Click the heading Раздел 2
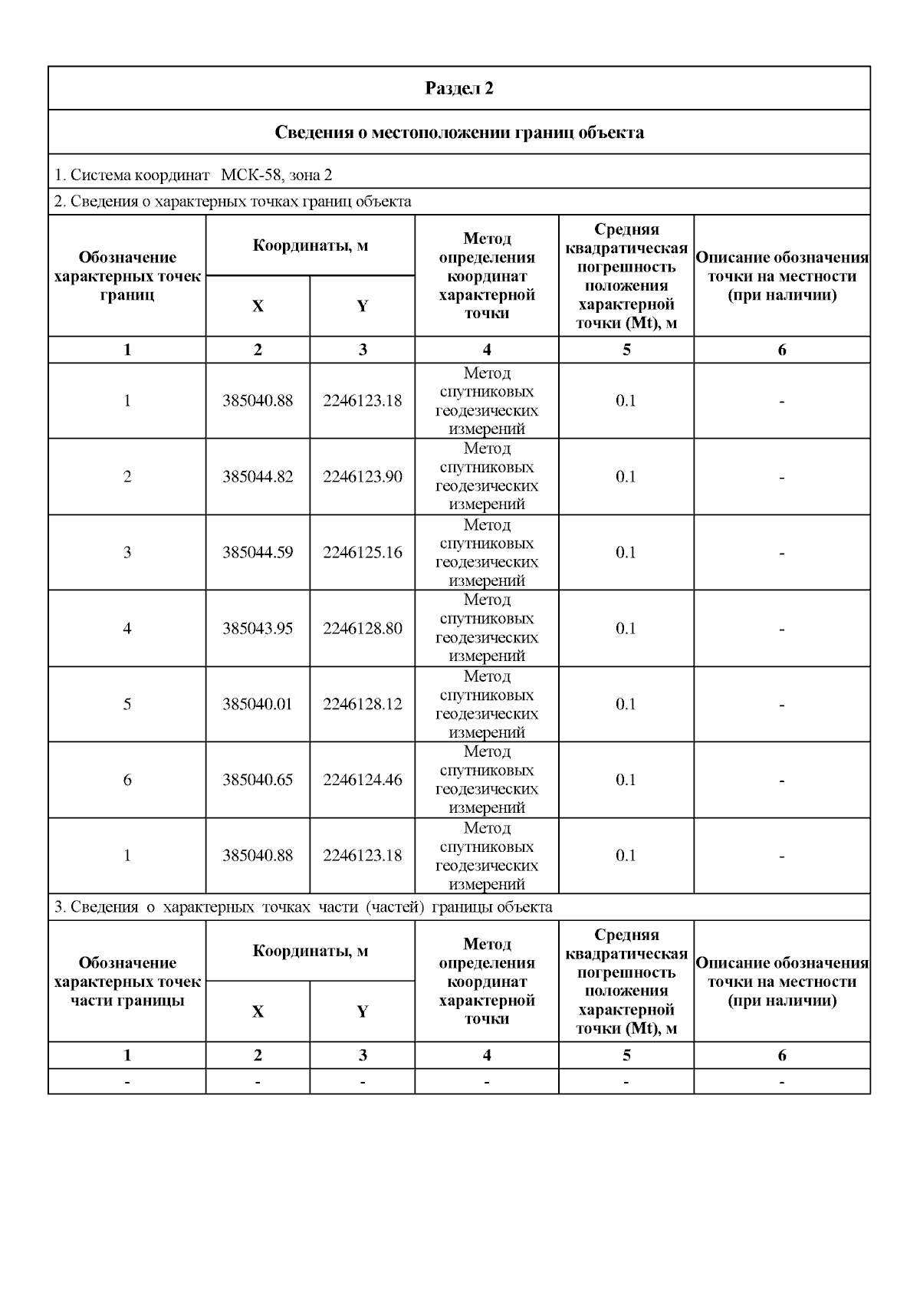(x=458, y=88)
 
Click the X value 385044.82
(x=258, y=476)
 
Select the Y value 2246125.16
(x=362, y=552)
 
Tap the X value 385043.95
(x=258, y=628)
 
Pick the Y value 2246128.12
(x=362, y=704)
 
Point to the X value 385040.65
(x=258, y=780)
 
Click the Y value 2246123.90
(x=362, y=476)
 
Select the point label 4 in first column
(x=127, y=628)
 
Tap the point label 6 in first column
(x=127, y=780)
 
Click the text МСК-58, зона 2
(x=276, y=175)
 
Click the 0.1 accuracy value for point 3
(x=626, y=552)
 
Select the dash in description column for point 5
(x=781, y=704)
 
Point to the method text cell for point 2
(x=487, y=476)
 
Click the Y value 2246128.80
(x=362, y=628)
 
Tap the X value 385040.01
(x=258, y=704)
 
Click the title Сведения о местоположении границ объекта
(x=458, y=133)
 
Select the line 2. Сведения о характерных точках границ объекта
(x=233, y=202)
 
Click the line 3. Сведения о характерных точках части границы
(x=304, y=907)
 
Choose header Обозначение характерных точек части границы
(x=127, y=981)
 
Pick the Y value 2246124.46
(x=362, y=780)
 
